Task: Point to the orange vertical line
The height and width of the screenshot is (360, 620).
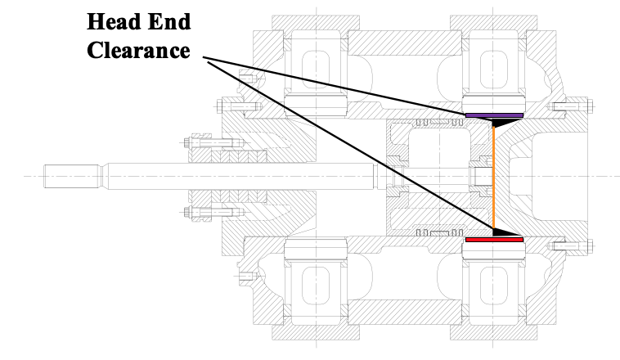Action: click(x=493, y=176)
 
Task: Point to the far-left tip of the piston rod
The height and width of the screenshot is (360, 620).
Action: click(x=47, y=176)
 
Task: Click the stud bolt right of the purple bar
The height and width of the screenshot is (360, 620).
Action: click(x=568, y=106)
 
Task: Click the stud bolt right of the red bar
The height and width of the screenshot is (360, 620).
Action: click(x=568, y=245)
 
